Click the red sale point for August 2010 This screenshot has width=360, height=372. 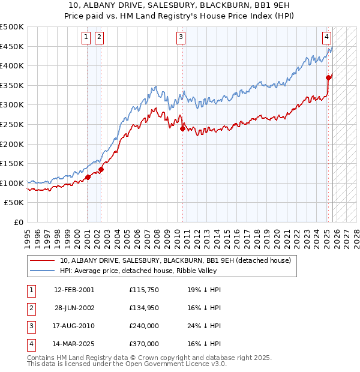point(182,128)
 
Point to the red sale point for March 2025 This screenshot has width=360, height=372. point(328,77)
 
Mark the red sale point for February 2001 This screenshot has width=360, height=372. point(88,177)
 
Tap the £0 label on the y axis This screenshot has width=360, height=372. point(19,222)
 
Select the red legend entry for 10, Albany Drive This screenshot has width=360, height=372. point(175,260)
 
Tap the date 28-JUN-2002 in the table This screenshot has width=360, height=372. point(74,307)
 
